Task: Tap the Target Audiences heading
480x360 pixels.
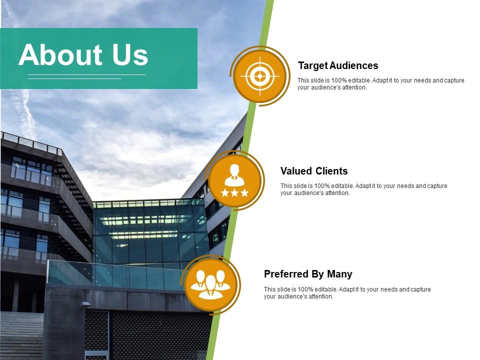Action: pyautogui.click(x=338, y=65)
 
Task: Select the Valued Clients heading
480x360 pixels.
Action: pyautogui.click(x=314, y=171)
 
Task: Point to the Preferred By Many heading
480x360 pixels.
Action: pyautogui.click(x=308, y=274)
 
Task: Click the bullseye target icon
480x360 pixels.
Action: pyautogui.click(x=259, y=76)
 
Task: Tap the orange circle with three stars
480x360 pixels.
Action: pyautogui.click(x=234, y=180)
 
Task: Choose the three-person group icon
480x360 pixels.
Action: pyautogui.click(x=210, y=283)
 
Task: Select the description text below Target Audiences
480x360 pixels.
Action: pyautogui.click(x=380, y=84)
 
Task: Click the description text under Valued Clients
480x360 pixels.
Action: pyautogui.click(x=363, y=189)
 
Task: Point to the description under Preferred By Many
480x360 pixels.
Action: pyautogui.click(x=347, y=292)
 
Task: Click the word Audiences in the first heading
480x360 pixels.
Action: pyautogui.click(x=354, y=65)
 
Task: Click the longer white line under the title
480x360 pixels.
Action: pyautogui.click(x=86, y=74)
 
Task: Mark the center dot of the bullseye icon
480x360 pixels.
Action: pyautogui.click(x=259, y=76)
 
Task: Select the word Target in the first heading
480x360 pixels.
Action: pyautogui.click(x=312, y=65)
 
